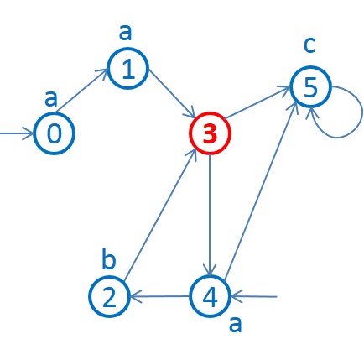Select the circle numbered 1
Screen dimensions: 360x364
[127, 70]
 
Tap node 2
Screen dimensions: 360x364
[110, 296]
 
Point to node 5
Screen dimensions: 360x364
[311, 86]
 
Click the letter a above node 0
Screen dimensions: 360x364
[52, 99]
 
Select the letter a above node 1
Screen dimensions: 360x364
[127, 32]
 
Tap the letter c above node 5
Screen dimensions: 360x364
[309, 44]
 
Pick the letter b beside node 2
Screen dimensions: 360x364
[109, 259]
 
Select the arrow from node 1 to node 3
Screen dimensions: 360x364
[168, 102]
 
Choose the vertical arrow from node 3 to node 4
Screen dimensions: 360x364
[209, 215]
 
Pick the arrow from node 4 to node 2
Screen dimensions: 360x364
[159, 296]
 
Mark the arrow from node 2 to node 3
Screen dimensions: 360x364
[159, 215]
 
